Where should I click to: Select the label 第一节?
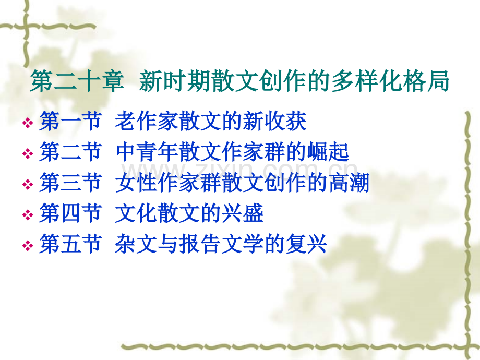[70, 122]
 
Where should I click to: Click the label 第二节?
[70, 153]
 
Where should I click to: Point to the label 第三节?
[70, 184]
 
